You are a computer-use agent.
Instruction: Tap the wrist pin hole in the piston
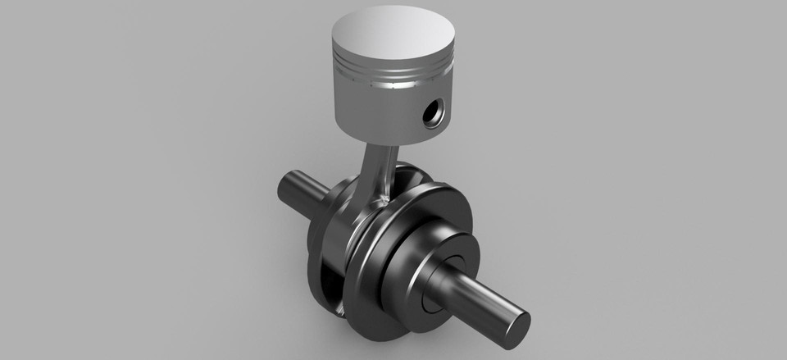[x=431, y=114]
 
